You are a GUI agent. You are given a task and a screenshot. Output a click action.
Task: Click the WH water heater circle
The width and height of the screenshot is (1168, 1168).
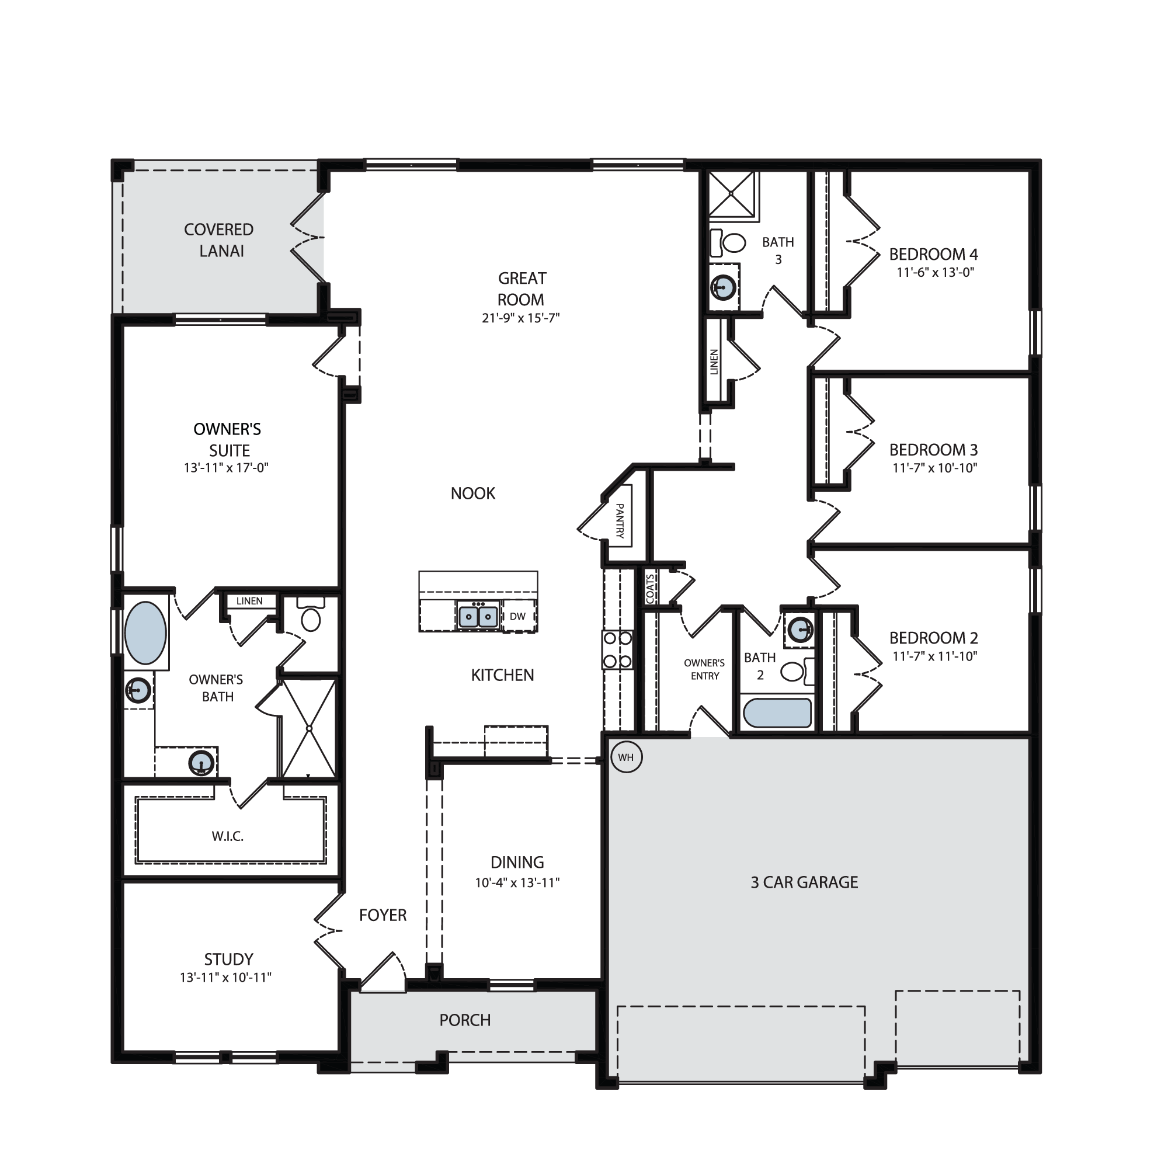point(625,757)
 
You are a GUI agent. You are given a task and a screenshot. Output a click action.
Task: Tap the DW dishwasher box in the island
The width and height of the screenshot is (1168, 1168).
point(518,616)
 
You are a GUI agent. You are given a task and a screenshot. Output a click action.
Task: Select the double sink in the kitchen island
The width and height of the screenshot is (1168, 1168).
point(478,616)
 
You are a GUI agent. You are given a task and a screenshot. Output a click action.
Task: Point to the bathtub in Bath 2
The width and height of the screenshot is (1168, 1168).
point(777,714)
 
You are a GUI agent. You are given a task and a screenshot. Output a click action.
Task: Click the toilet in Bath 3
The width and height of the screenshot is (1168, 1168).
point(727,242)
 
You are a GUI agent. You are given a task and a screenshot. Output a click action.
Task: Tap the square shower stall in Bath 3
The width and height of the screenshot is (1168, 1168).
point(732,193)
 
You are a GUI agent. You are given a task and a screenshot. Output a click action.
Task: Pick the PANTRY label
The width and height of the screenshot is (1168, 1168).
point(620,520)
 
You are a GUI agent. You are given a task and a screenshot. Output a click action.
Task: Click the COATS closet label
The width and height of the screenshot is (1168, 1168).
point(650,588)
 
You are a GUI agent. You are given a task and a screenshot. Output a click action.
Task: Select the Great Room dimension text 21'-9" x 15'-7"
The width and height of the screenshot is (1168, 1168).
point(520,318)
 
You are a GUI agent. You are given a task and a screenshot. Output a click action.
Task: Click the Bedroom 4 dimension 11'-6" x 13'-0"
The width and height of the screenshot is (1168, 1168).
point(935,272)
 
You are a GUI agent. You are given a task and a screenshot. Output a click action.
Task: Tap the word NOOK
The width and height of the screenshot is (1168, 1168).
point(473,493)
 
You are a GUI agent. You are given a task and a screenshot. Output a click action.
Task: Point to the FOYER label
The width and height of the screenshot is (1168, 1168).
point(383,915)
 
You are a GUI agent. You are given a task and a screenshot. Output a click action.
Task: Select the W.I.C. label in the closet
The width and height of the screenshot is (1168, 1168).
point(227,836)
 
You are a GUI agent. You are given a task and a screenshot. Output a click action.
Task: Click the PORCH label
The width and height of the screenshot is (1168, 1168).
point(465,1020)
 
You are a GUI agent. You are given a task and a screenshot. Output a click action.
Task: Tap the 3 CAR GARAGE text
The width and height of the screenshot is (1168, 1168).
point(804,882)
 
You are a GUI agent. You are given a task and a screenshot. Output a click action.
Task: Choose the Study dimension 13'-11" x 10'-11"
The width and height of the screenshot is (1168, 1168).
point(225,978)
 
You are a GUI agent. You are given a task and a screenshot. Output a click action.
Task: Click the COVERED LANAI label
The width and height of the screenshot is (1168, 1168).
point(219,240)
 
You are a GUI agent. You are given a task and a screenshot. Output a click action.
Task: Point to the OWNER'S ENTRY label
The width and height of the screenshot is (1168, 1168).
point(704,669)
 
